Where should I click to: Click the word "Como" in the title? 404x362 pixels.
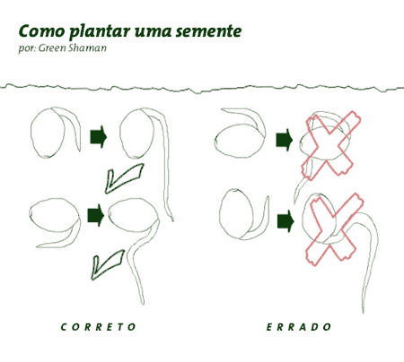(x=41, y=31)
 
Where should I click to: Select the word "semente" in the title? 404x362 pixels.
(x=208, y=31)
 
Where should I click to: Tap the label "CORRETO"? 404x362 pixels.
(x=98, y=327)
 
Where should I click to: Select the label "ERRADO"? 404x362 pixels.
(x=299, y=327)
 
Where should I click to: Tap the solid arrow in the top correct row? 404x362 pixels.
(x=99, y=137)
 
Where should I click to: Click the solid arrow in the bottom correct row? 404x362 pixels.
(x=96, y=215)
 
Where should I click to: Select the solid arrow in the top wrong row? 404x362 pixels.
(x=284, y=140)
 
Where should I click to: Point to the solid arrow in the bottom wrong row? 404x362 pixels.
(x=285, y=221)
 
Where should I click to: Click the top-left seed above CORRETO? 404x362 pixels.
(x=48, y=133)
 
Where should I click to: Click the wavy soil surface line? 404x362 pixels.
(x=202, y=89)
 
